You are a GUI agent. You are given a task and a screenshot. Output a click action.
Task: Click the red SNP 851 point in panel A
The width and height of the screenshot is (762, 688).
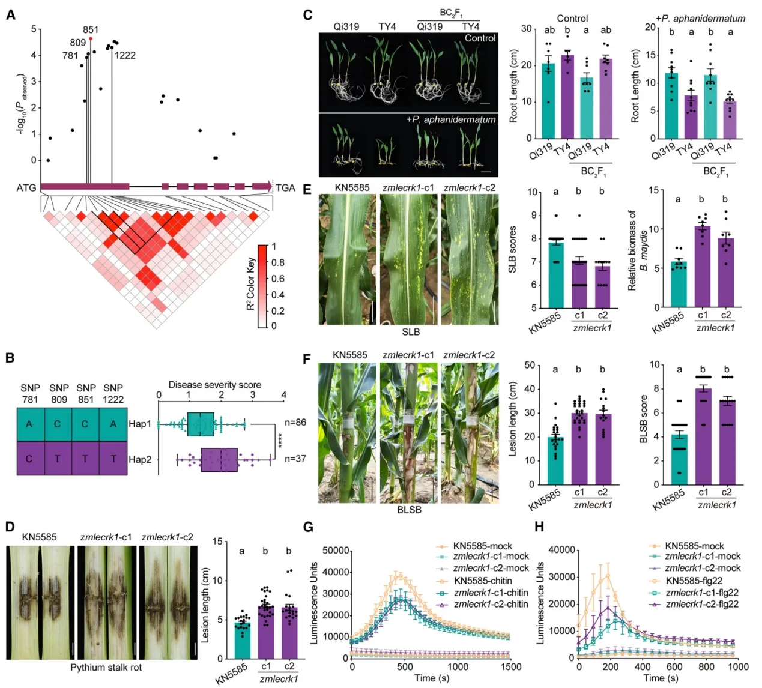[x=91, y=39]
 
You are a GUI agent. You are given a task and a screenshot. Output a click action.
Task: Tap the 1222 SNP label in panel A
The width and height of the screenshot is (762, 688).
[x=125, y=55]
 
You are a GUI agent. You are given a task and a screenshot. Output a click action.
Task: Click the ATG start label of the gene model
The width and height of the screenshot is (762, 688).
[x=26, y=187]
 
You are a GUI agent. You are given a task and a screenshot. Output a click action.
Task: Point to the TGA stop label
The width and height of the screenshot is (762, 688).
[x=285, y=187]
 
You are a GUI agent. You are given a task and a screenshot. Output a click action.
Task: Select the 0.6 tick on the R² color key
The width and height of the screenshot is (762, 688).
[x=278, y=279]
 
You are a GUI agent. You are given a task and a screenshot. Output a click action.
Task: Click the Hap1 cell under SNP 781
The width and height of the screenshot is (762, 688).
[x=31, y=424]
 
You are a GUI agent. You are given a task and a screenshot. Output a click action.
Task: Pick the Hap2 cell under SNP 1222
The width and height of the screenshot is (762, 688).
[x=113, y=459]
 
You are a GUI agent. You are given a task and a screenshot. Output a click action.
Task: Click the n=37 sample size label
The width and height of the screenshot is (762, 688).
[x=295, y=459]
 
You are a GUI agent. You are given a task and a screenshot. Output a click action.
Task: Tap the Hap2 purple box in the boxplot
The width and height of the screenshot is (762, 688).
[x=219, y=460]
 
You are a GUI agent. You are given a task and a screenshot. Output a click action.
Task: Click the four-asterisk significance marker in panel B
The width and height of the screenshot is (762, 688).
[x=280, y=441]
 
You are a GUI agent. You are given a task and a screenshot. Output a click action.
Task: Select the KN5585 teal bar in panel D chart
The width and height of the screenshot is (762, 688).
[x=243, y=640]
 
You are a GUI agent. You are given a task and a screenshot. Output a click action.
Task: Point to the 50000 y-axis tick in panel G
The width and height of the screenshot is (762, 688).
[x=336, y=551]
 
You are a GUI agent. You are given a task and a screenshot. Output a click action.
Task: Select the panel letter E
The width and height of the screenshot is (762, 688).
[x=307, y=189]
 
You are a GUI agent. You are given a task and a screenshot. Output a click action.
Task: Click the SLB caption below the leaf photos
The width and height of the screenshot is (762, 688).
[x=411, y=331]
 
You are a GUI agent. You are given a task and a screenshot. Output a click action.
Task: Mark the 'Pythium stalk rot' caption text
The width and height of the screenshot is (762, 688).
[x=106, y=668]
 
